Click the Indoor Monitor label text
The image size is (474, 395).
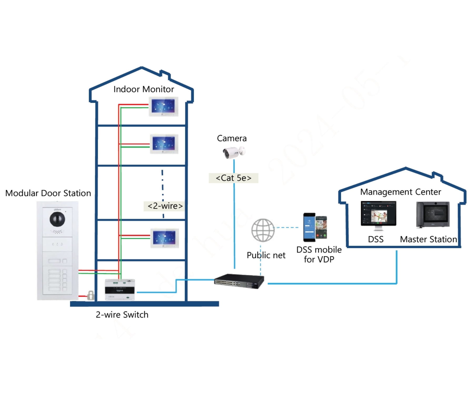tap(144, 89)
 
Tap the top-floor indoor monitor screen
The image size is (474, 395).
tap(163, 106)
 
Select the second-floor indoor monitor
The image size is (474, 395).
tap(164, 144)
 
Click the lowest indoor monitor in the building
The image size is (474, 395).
tap(164, 238)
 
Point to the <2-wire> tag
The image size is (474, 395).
tap(165, 206)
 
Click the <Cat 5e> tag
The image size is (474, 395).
tap(233, 178)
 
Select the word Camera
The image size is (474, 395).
tap(232, 139)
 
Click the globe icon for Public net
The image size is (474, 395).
tap(263, 230)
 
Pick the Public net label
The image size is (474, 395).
tap(266, 255)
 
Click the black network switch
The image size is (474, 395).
tap(239, 281)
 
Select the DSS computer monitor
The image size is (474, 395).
tap(378, 214)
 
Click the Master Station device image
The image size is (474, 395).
tap(433, 214)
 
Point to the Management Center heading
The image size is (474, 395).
tap(400, 192)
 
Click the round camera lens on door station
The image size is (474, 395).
tap(57, 219)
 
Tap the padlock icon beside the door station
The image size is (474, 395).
tap(90, 295)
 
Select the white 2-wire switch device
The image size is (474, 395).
tap(120, 290)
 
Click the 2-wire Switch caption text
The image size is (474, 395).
tap(122, 315)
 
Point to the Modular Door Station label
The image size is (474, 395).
tap(48, 193)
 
